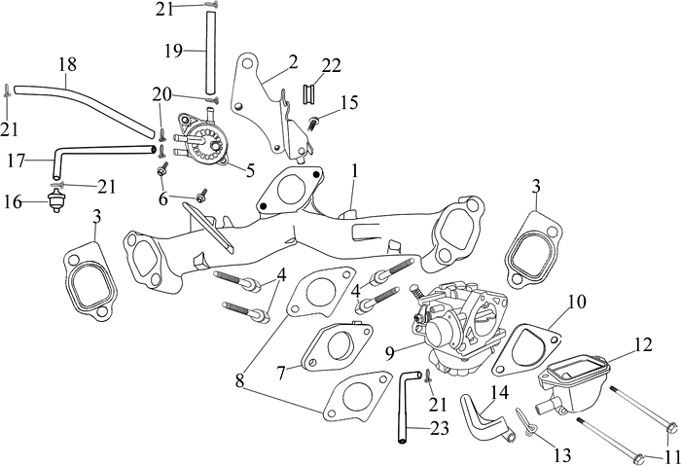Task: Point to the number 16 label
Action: pyautogui.click(x=12, y=202)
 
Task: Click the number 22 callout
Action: pyautogui.click(x=332, y=65)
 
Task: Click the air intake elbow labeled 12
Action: pyautogui.click(x=574, y=375)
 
